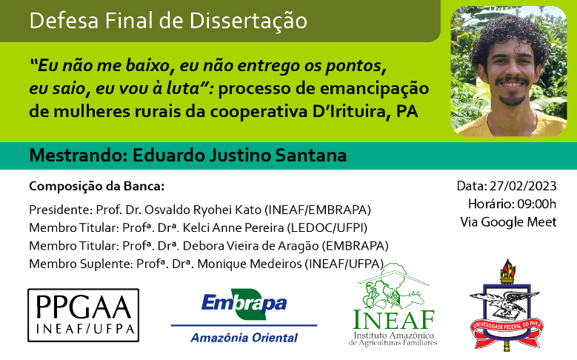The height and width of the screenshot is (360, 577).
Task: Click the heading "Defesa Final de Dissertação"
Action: click(x=168, y=21)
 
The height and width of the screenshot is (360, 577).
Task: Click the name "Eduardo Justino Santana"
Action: click(x=239, y=156)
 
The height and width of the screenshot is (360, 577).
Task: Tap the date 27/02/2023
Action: click(x=523, y=186)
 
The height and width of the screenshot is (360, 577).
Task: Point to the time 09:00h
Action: click(x=537, y=204)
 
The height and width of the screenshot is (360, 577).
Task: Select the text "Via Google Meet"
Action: click(x=508, y=222)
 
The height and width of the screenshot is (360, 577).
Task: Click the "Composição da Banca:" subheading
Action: click(x=97, y=186)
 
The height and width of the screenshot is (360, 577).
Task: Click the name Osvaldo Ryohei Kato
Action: click(x=203, y=210)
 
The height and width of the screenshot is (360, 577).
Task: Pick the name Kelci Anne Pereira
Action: click(x=233, y=228)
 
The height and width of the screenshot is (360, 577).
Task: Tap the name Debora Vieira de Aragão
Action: click(x=250, y=246)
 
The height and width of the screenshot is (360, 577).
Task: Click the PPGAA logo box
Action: click(x=84, y=315)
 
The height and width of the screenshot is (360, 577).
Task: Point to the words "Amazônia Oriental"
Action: click(x=244, y=338)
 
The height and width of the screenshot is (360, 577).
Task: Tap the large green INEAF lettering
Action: click(x=393, y=319)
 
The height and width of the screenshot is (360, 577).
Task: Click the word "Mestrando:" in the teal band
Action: click(x=79, y=156)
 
